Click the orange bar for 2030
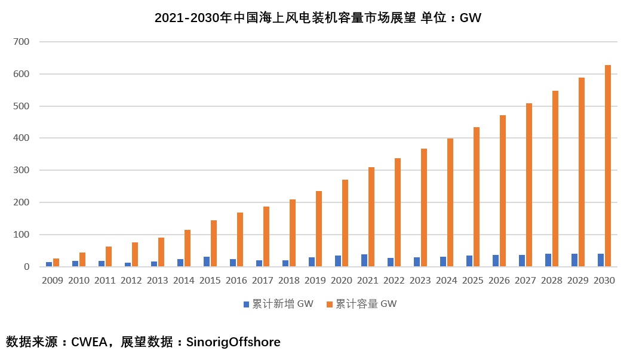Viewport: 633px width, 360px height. click(x=608, y=166)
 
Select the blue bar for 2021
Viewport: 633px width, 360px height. click(x=364, y=260)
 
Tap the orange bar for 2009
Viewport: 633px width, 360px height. click(x=56, y=263)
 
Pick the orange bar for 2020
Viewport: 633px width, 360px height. click(x=345, y=223)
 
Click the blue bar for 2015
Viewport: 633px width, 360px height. click(x=207, y=261)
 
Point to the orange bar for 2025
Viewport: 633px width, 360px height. click(x=477, y=197)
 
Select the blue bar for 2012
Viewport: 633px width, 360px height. click(x=128, y=264)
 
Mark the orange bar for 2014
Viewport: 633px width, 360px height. click(x=188, y=248)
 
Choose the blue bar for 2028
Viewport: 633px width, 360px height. click(x=548, y=260)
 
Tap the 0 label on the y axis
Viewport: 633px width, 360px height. click(x=26, y=267)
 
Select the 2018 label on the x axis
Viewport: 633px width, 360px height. click(x=289, y=281)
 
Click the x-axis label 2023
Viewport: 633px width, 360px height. click(x=420, y=281)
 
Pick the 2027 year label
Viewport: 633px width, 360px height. click(x=526, y=281)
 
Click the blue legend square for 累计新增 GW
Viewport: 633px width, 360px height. click(x=246, y=304)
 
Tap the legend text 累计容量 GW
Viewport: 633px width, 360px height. click(x=365, y=304)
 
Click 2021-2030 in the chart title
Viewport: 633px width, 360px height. click(x=187, y=18)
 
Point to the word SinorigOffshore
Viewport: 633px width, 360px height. click(x=233, y=343)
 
